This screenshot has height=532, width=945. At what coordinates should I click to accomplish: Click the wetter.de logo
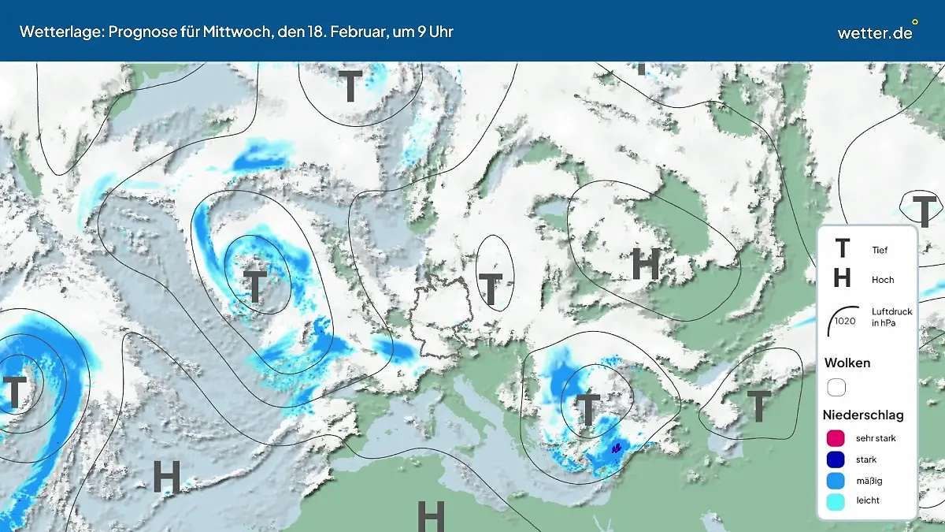point(876,32)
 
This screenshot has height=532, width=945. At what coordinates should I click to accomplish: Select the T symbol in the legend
point(842,249)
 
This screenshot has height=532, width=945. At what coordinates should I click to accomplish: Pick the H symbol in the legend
point(842,278)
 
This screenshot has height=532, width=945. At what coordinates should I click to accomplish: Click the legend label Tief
point(880,250)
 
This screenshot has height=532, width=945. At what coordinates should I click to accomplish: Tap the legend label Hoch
point(883,280)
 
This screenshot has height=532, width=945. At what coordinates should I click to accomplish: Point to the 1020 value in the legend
point(845,321)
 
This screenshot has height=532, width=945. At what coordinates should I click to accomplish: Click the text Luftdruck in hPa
point(891,318)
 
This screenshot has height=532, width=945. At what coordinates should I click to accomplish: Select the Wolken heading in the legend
point(847,363)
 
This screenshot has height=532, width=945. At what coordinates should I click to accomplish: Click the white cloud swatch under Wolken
point(836,388)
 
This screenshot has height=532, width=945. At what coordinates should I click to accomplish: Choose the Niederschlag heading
point(863,415)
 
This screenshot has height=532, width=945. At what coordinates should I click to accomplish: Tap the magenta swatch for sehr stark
point(836,438)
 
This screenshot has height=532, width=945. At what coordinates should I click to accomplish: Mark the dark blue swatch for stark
point(836,459)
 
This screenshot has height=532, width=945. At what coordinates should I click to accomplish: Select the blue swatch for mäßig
point(836,480)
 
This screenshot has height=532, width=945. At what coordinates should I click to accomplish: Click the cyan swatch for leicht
point(836,500)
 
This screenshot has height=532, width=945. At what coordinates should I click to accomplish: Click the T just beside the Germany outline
point(491,289)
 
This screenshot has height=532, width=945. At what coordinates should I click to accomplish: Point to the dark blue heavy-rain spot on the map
point(616,448)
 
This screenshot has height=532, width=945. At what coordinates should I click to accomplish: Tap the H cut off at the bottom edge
point(431,516)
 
